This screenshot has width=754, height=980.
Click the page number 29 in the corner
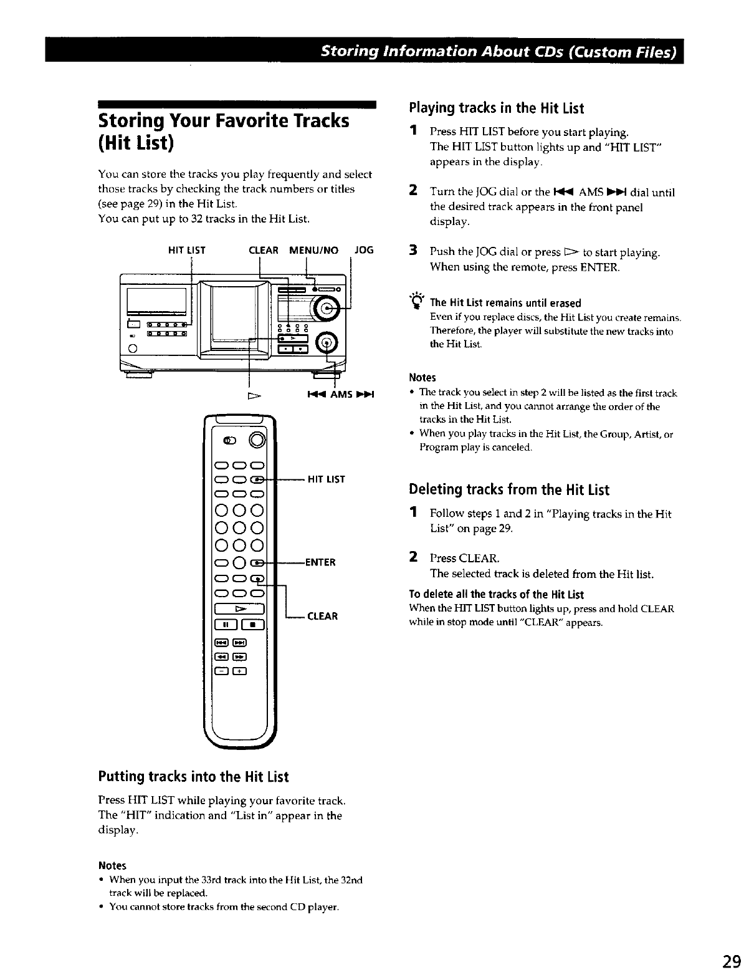pos(732,961)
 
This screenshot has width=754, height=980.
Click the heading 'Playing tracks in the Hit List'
pos(496,108)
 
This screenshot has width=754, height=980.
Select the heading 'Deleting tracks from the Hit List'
pos(508,489)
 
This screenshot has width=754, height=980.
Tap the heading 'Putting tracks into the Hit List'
pos(193,777)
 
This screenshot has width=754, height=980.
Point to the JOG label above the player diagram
pos(363,250)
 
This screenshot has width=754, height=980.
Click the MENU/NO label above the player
pos(313,250)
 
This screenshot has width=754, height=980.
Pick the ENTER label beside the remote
pos(320,562)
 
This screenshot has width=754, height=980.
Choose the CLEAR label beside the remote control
pos(322,616)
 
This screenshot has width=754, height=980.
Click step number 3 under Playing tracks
pos(413,252)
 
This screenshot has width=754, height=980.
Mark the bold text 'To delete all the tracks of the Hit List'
pos(496,594)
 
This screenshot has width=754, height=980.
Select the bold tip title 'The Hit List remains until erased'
pos(505,303)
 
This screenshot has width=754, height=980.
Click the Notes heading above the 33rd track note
pos(112,865)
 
